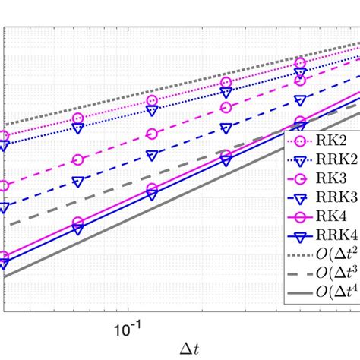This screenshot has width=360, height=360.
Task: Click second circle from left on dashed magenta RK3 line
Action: point(78,159)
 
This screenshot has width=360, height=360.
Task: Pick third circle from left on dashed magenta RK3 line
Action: point(153,134)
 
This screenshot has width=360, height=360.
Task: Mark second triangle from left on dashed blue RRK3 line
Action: point(78,182)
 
